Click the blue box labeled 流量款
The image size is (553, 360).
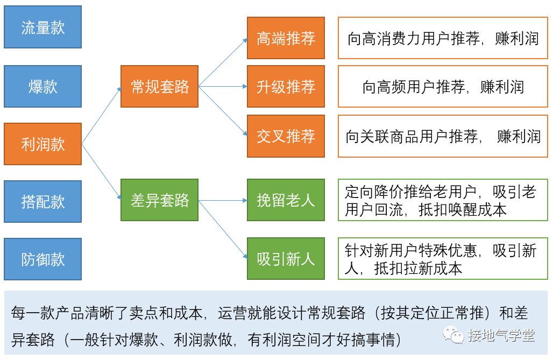[x=43, y=27]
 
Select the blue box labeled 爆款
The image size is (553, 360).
[x=43, y=86]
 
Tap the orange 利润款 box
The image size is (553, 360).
[x=43, y=144]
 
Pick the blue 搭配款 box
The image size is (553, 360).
[x=43, y=201]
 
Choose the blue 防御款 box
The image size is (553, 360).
[x=43, y=259]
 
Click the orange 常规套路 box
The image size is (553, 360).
[x=160, y=86]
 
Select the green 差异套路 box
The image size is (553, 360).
[x=160, y=200]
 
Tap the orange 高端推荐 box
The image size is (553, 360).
[x=286, y=38]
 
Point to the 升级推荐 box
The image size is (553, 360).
[x=286, y=86]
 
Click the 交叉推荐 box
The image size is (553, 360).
[x=286, y=136]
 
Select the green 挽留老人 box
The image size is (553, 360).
[x=286, y=200]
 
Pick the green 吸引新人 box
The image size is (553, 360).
[x=286, y=259]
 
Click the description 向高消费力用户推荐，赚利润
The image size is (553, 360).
[x=443, y=38]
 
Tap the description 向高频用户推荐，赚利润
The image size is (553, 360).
[x=443, y=86]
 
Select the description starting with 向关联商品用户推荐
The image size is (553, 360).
[x=443, y=136]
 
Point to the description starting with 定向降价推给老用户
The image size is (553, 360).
[x=443, y=200]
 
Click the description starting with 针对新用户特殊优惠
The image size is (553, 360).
[x=443, y=259]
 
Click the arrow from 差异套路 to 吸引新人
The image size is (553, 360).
[x=223, y=229]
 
